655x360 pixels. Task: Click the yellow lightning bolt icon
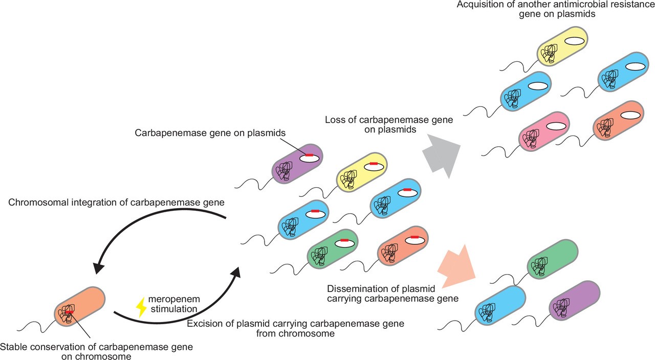(140, 307)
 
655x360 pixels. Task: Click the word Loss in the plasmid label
(335, 121)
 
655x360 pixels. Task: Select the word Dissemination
(356, 287)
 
